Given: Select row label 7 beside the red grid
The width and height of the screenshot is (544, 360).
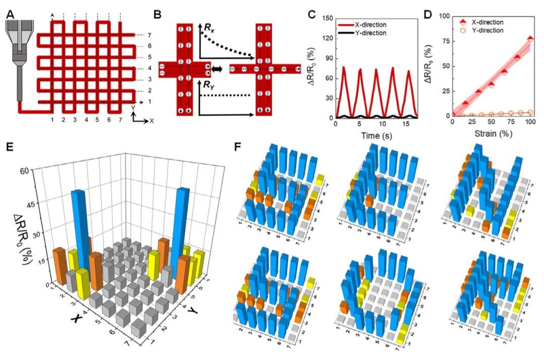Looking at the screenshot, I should [x=149, y=35].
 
